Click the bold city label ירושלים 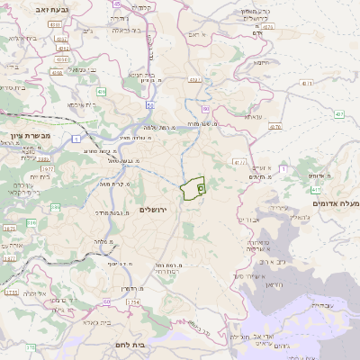coord(155,210)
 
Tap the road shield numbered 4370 coord(274,127)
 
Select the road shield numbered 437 coord(339,114)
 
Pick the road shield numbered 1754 coord(135,302)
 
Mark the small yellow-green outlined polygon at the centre coord(192,190)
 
